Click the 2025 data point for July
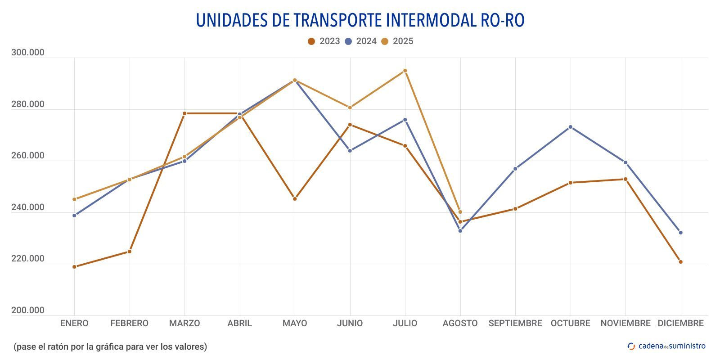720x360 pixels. (x=405, y=71)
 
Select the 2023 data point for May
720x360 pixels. (x=295, y=199)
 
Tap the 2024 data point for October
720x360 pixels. (x=571, y=127)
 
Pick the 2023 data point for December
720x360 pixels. (x=680, y=262)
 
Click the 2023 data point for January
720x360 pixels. (x=74, y=267)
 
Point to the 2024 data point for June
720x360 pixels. (x=350, y=151)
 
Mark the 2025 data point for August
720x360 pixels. (x=460, y=212)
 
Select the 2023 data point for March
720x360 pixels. (x=184, y=113)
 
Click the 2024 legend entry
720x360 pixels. (x=360, y=41)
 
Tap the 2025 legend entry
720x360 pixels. (x=397, y=41)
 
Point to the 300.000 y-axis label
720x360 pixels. (x=28, y=53)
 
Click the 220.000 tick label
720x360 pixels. (x=28, y=259)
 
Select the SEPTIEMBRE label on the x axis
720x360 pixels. (x=515, y=323)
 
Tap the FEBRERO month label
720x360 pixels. (x=129, y=323)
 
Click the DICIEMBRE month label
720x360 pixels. (x=680, y=323)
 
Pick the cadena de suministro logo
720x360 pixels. (x=667, y=346)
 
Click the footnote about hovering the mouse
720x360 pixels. (x=110, y=346)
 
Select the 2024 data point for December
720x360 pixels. (x=680, y=233)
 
